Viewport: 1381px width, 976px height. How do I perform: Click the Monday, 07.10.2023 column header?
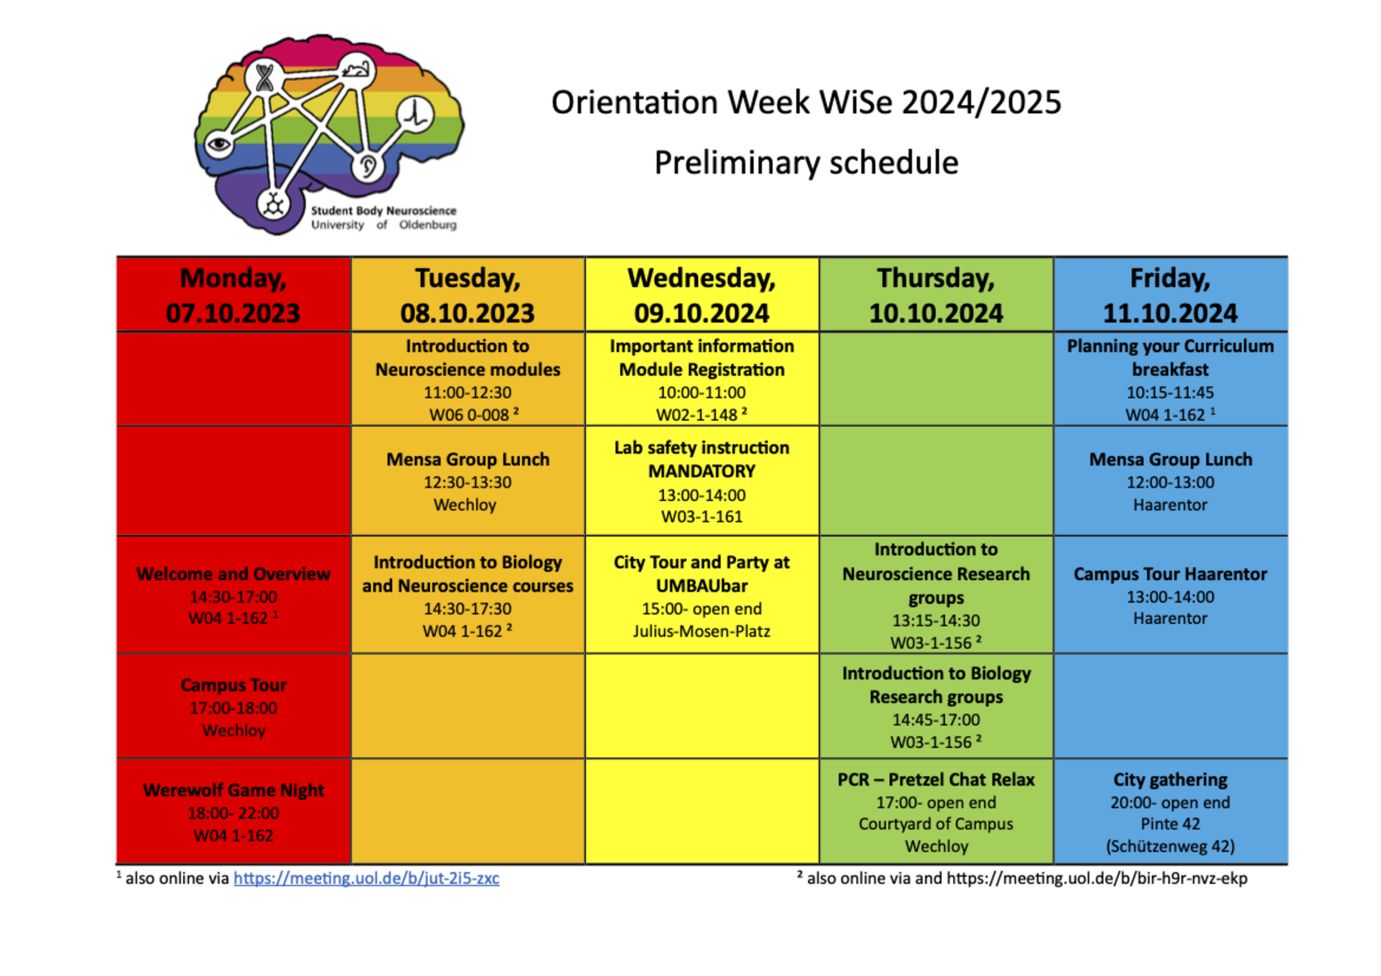[234, 295]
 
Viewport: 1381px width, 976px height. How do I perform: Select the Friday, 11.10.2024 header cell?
[1171, 295]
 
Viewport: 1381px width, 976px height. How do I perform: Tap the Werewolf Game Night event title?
[234, 790]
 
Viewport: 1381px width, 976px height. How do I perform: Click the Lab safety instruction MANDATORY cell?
[701, 481]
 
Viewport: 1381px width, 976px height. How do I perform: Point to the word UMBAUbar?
[701, 585]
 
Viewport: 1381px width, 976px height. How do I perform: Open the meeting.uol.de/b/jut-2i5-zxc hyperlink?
[366, 878]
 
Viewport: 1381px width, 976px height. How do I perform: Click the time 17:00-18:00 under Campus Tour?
[234, 708]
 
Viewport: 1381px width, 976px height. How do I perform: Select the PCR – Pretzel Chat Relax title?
[936, 780]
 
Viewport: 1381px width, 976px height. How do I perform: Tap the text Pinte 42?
[1171, 824]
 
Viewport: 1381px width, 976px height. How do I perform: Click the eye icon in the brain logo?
[219, 145]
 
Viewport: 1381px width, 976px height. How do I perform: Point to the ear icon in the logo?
[368, 166]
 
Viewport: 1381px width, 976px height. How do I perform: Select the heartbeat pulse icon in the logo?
[415, 114]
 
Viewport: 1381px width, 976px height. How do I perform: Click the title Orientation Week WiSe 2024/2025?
[806, 102]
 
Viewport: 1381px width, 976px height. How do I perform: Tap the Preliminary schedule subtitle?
[806, 163]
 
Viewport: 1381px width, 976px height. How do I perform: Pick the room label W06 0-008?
[469, 415]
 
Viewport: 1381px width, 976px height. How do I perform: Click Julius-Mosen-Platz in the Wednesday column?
[701, 631]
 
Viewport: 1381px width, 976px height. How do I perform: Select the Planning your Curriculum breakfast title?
[1171, 358]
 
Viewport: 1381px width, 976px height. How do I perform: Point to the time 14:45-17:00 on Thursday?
[936, 720]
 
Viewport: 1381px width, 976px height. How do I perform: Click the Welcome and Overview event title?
[234, 574]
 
